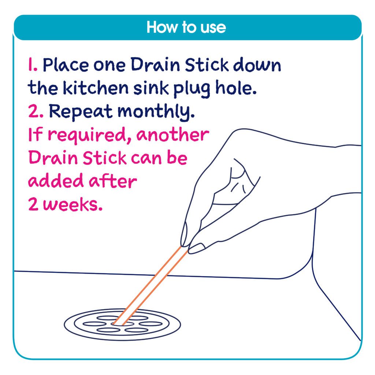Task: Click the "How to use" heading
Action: pos(186,27)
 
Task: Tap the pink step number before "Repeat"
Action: pos(36,112)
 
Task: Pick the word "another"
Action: pos(172,135)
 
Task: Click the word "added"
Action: pos(51,181)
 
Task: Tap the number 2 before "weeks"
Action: pos(34,205)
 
